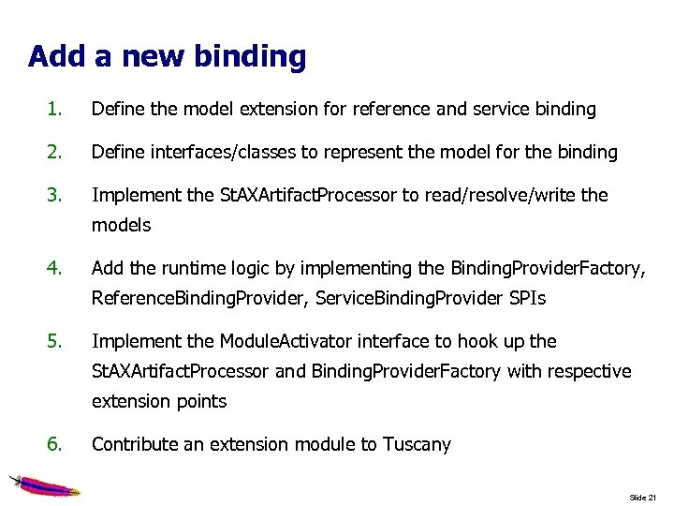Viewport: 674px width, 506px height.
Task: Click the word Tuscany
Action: pyautogui.click(x=417, y=444)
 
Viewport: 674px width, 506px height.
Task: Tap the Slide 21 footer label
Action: pyautogui.click(x=644, y=497)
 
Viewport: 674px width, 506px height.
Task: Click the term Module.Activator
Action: pyautogui.click(x=286, y=341)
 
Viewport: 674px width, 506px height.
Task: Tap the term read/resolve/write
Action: pyautogui.click(x=499, y=195)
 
